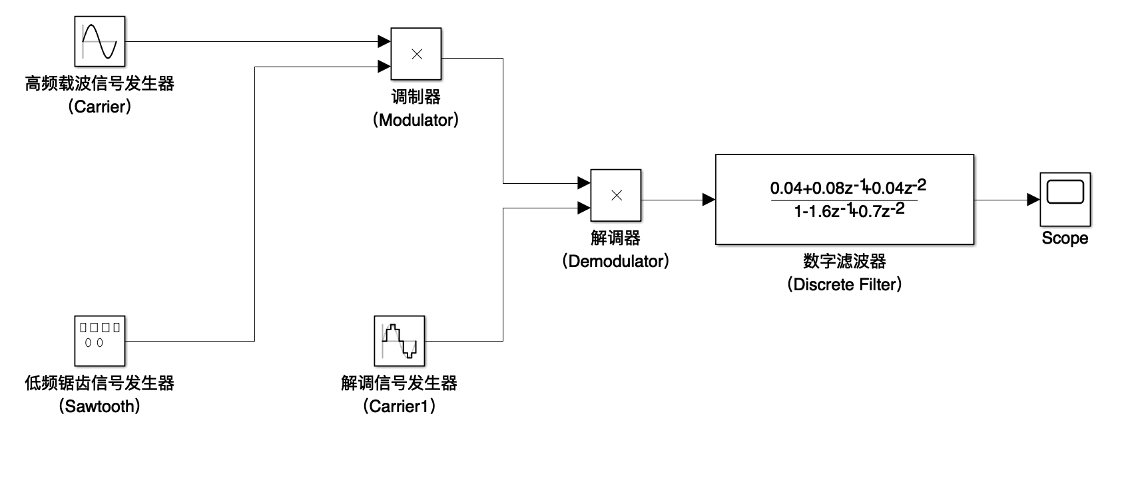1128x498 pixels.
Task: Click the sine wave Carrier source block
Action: (100, 41)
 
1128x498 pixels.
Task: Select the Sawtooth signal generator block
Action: (100, 341)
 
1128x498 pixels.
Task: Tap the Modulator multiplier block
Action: (416, 54)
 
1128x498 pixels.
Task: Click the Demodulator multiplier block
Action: (616, 195)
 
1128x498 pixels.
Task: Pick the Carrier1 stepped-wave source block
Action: (400, 341)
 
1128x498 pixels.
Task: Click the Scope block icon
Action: (1065, 200)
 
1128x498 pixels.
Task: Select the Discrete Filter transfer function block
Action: (844, 200)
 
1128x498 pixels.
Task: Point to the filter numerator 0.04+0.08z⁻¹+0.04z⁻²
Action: (848, 187)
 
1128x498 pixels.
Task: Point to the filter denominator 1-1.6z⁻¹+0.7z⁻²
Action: (849, 210)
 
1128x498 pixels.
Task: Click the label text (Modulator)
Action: (416, 120)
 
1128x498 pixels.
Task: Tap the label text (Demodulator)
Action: (615, 261)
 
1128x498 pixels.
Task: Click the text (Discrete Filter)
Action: (844, 284)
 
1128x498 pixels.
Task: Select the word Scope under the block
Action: (1065, 238)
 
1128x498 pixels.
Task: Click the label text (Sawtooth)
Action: (100, 406)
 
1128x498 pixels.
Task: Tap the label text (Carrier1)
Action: (400, 406)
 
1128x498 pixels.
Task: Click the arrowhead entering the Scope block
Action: (1033, 200)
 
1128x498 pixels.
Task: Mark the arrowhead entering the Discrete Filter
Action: (709, 200)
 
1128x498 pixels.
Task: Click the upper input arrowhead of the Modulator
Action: (384, 41)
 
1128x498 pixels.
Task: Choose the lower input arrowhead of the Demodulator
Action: (583, 208)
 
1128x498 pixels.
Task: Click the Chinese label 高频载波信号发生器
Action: (100, 84)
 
